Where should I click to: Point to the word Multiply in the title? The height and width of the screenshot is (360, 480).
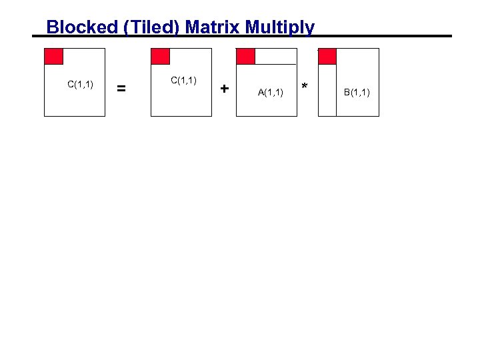click(x=280, y=27)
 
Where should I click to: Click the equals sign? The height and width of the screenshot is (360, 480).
click(x=121, y=87)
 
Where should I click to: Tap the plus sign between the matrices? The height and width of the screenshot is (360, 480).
click(x=225, y=88)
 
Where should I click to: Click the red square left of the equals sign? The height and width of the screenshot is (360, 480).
click(x=53, y=57)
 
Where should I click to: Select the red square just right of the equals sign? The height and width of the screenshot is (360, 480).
click(x=161, y=57)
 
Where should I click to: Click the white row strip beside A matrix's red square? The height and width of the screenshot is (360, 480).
click(x=276, y=57)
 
